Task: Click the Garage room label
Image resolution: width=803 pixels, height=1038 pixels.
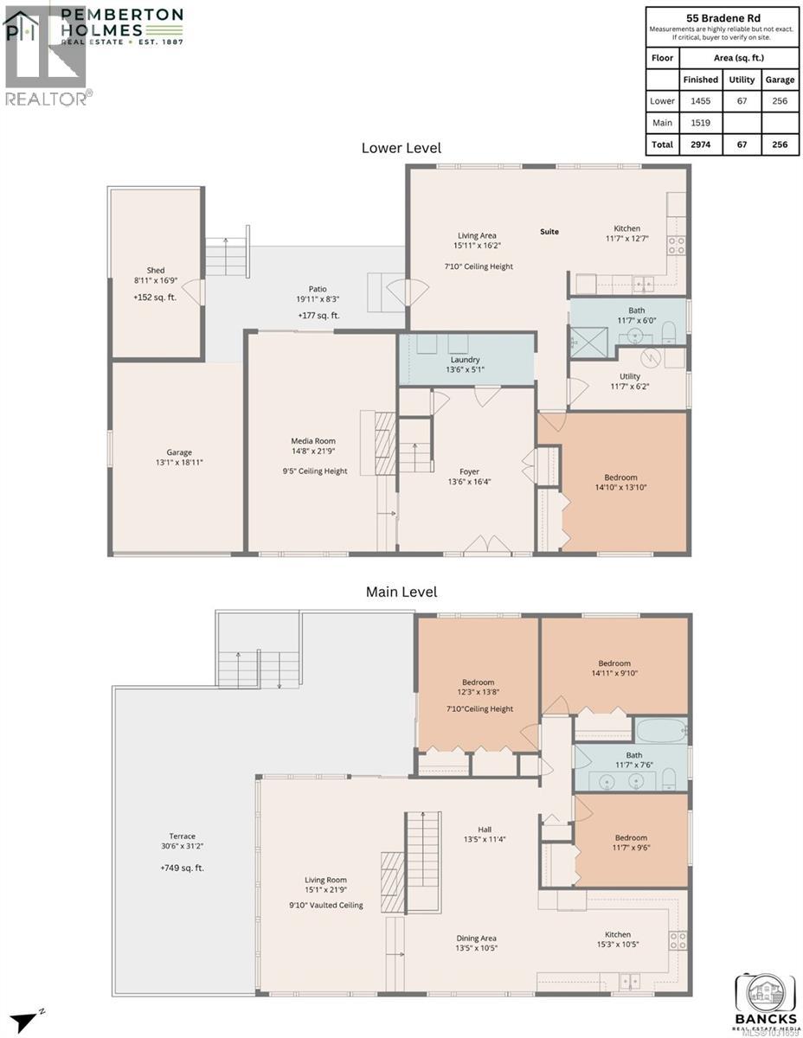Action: click(179, 452)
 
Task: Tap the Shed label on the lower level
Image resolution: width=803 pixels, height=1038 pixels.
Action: click(155, 270)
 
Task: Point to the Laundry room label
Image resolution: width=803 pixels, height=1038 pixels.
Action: click(465, 360)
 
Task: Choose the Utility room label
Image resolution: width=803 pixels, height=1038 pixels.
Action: click(629, 376)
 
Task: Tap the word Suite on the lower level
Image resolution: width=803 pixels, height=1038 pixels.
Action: click(549, 232)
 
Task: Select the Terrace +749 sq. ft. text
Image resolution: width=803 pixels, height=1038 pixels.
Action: click(182, 868)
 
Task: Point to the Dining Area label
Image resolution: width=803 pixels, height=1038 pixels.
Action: click(477, 938)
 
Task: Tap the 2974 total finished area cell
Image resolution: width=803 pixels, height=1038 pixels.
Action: click(700, 144)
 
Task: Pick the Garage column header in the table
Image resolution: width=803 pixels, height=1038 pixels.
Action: click(780, 80)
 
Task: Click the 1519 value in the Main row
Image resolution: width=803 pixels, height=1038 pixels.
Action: click(700, 123)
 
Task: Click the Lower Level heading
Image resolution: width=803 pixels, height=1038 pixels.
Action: click(401, 148)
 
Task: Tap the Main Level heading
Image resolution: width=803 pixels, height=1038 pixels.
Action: click(401, 592)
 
